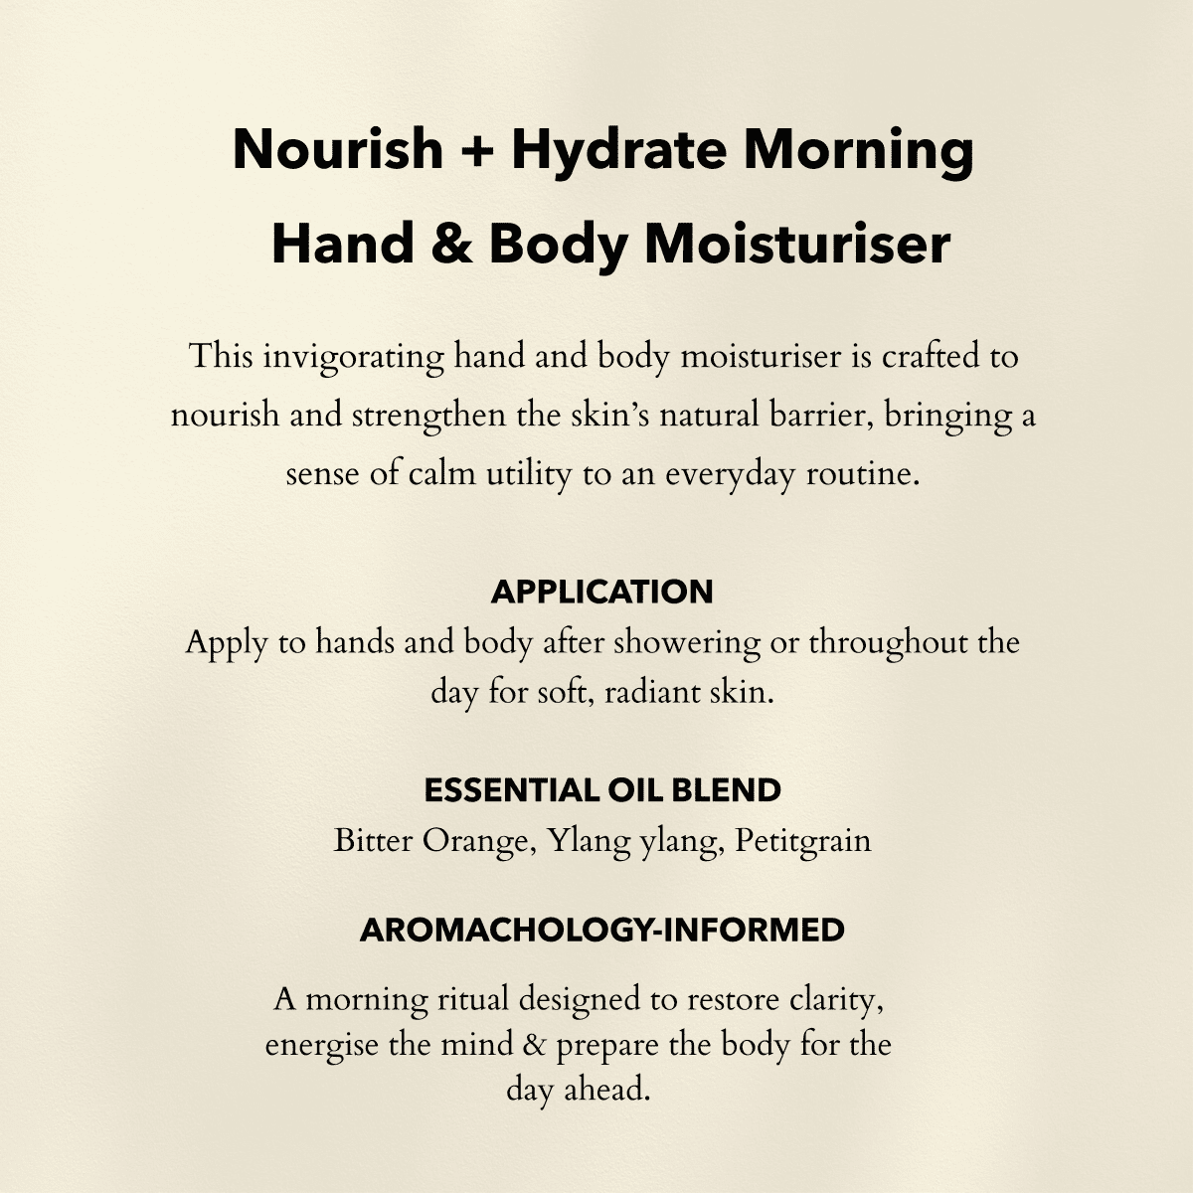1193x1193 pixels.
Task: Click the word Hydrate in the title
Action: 617,150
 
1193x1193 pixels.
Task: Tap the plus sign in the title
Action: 477,151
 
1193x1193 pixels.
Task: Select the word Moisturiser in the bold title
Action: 797,245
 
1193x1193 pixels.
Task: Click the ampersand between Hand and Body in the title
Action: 450,245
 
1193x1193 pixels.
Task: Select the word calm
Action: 442,473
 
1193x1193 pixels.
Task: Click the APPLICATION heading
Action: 601,592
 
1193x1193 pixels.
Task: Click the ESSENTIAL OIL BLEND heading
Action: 601,790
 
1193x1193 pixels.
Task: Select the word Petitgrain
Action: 803,841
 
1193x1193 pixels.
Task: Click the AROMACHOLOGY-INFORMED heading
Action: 601,931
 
